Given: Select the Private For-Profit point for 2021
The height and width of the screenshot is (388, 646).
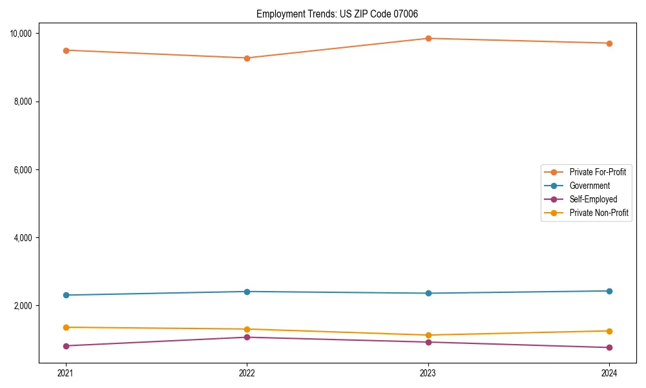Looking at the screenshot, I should point(66,50).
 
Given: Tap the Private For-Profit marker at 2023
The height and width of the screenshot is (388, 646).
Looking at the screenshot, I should point(428,38).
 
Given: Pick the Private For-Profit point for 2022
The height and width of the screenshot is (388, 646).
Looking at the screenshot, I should point(247,58).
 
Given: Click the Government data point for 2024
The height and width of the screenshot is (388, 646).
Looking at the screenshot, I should point(609,291).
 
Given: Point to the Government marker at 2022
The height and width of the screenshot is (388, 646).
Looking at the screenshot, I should point(247,292).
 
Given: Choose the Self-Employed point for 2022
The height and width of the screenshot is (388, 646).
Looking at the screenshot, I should point(247,337).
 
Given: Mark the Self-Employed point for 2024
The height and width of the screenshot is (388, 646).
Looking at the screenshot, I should point(609,348).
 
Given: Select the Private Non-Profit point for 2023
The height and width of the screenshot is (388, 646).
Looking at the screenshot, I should point(428,335).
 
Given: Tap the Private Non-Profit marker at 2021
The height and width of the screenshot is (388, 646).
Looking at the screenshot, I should point(66,327).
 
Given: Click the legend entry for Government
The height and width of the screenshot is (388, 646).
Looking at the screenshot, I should point(589,186).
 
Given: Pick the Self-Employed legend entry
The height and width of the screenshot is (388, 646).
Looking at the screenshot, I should point(593,199).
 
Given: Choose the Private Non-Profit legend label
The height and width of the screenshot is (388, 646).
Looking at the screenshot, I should point(599,213).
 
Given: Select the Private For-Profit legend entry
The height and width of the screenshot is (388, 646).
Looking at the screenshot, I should point(598,172).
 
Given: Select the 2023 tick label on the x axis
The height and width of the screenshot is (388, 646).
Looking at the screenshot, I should point(428,372).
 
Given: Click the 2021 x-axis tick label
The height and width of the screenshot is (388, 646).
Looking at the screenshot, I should point(66,372).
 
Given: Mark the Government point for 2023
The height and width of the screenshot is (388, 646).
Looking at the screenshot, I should point(428,294).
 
